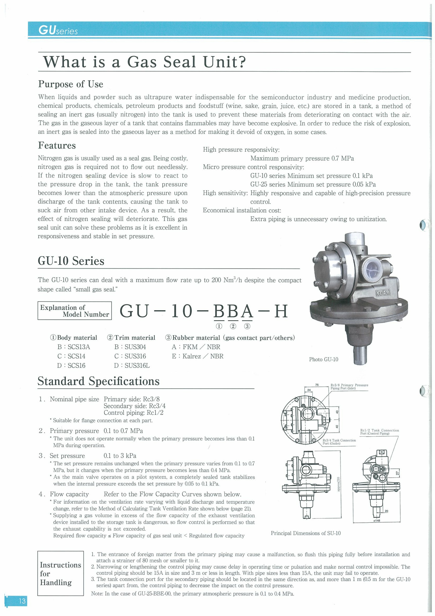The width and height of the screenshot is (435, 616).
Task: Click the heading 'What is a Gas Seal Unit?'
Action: (x=144, y=62)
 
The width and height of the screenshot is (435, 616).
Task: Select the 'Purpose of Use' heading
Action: (x=71, y=84)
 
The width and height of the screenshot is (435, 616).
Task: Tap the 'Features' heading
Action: (x=57, y=145)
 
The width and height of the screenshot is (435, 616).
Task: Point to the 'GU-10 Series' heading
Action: (x=71, y=261)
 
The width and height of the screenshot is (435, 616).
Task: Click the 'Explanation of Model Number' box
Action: (x=74, y=311)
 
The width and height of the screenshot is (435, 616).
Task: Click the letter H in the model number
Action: (x=281, y=311)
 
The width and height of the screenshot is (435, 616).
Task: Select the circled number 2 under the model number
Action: (x=233, y=326)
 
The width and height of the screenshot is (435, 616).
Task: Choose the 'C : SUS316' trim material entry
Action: (x=130, y=356)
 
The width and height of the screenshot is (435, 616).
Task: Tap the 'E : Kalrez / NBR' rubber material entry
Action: (x=197, y=356)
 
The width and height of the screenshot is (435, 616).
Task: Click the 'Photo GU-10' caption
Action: (x=324, y=359)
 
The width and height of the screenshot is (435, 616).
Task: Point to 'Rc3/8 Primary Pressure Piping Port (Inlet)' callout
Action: (x=349, y=387)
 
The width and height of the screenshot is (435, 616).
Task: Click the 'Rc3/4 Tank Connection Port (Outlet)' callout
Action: (x=339, y=442)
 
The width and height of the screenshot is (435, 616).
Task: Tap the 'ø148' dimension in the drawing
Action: (x=376, y=520)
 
